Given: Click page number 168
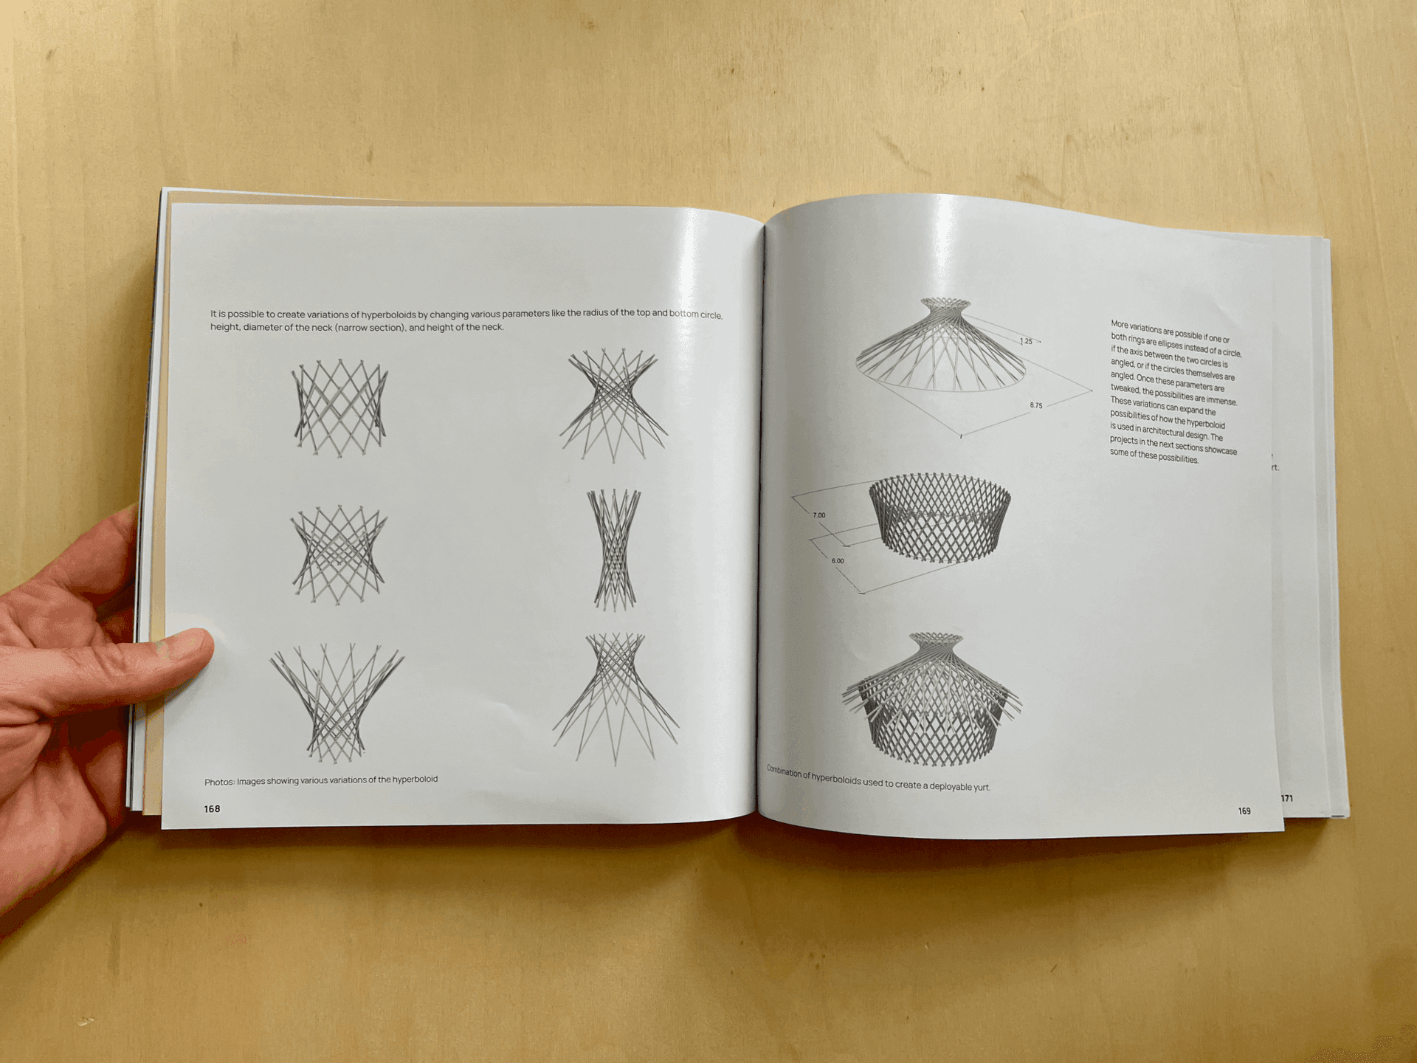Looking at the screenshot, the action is (x=212, y=809).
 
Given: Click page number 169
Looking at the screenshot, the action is (x=1244, y=811).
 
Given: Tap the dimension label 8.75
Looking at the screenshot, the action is (x=1036, y=405).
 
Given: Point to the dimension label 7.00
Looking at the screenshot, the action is (x=819, y=515).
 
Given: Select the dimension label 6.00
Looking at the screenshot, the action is (x=838, y=561).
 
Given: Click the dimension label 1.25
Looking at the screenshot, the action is (x=1027, y=341).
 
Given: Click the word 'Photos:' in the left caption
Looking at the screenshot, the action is (x=219, y=782).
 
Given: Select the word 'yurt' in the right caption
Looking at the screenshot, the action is (x=981, y=787).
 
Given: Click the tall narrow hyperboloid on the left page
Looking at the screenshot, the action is (x=614, y=549).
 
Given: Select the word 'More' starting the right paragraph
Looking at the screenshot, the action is (x=1120, y=324).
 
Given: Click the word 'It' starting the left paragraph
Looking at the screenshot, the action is (x=213, y=314).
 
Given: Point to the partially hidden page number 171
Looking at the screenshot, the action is (x=1286, y=798).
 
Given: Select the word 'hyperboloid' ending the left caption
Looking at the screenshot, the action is (x=415, y=780).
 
